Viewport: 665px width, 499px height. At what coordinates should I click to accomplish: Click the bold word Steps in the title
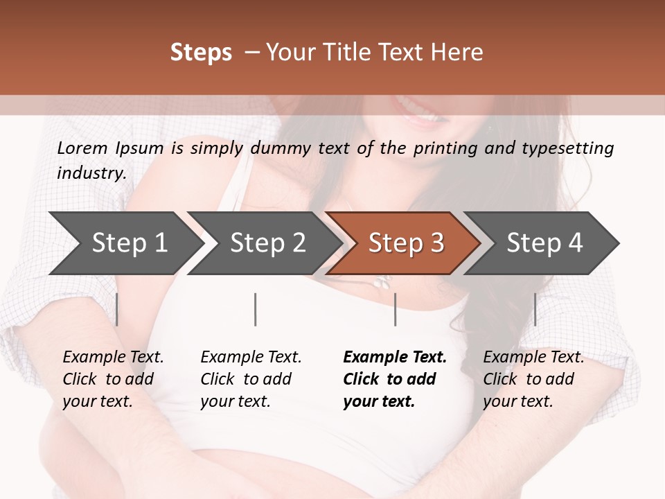201,53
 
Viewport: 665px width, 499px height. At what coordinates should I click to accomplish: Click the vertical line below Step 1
117,309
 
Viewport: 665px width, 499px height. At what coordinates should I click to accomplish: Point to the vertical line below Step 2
256,309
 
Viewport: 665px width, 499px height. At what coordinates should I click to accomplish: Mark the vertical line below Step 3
395,309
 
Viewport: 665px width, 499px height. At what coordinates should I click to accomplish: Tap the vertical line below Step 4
535,309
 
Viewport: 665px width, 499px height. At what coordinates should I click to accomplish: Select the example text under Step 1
113,378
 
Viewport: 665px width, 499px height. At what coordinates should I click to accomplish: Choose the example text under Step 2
251,378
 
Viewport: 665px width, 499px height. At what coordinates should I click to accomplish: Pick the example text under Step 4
533,378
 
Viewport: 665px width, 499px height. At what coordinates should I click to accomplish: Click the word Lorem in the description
82,148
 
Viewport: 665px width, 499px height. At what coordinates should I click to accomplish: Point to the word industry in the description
91,173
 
